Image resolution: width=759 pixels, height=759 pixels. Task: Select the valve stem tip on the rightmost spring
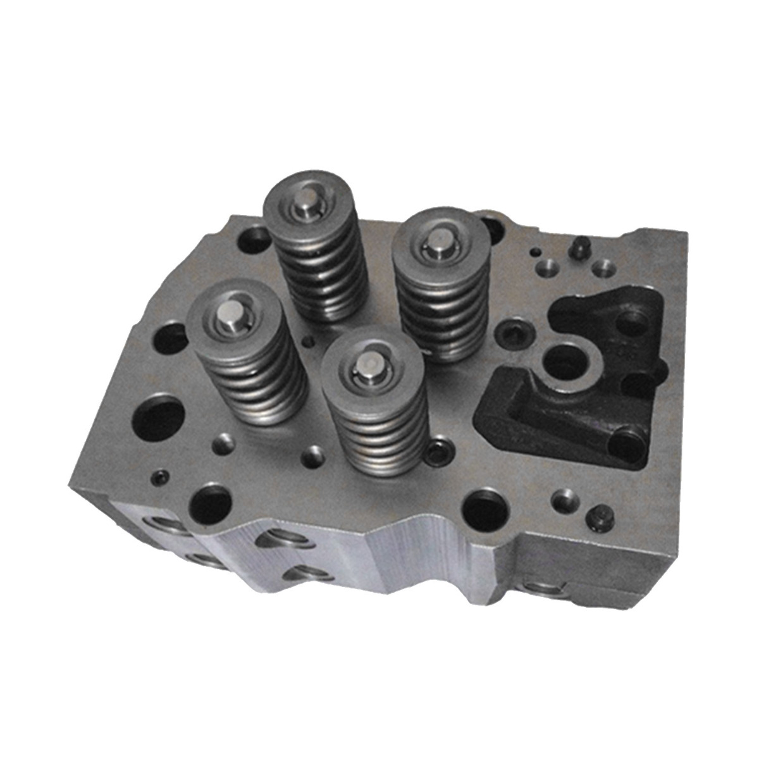coord(437,242)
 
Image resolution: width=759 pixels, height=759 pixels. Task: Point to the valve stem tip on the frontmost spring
coord(366,363)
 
